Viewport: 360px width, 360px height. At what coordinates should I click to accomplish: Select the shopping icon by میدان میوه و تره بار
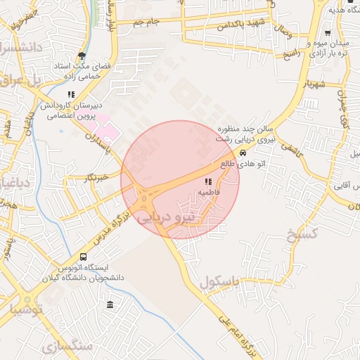pyautogui.click(x=328, y=33)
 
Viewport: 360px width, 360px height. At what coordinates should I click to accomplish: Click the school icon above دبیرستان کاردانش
pyautogui.click(x=71, y=94)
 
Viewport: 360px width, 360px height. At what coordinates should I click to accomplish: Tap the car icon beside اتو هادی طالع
pyautogui.click(x=243, y=153)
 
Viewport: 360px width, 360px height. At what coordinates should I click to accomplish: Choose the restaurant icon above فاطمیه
pyautogui.click(x=207, y=181)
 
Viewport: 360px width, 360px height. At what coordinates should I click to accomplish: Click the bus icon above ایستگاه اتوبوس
pyautogui.click(x=84, y=257)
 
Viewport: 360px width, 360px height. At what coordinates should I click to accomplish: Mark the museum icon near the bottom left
pyautogui.click(x=110, y=304)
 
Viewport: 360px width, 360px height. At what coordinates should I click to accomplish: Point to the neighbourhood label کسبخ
pyautogui.click(x=302, y=233)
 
